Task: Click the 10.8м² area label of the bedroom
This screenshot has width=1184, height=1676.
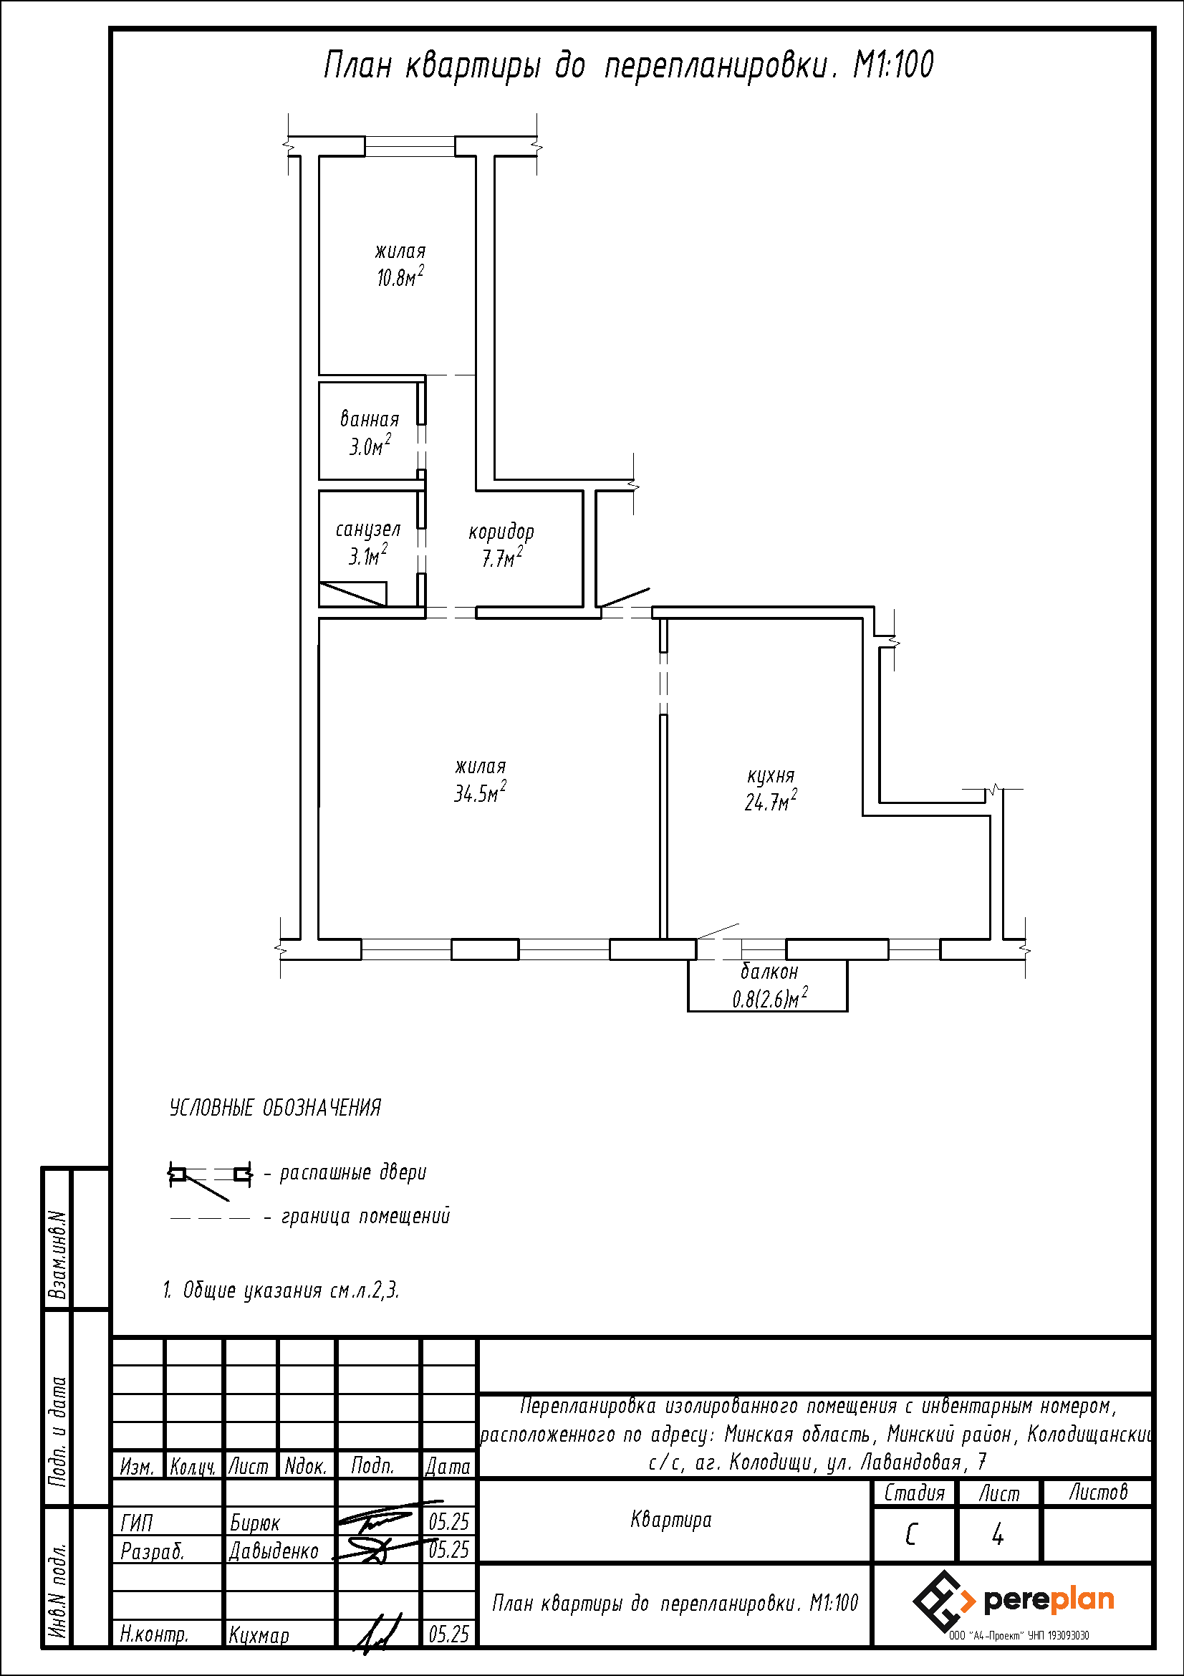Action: click(x=400, y=277)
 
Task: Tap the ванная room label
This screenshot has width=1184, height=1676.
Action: click(x=370, y=419)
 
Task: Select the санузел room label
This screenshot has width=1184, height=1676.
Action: click(x=368, y=530)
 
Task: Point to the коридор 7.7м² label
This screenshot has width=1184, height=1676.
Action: click(x=502, y=545)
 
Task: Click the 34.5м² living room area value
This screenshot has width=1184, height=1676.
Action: click(x=480, y=792)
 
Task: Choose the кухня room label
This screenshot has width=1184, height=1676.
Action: click(x=771, y=775)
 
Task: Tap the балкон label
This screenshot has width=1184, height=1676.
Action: click(x=770, y=972)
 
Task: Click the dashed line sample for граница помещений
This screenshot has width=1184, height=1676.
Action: click(x=210, y=1217)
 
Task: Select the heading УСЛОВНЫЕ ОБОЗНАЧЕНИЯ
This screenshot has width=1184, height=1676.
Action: click(x=275, y=1107)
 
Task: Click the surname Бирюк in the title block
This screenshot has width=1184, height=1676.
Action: click(x=254, y=1523)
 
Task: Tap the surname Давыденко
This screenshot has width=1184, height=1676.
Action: click(x=274, y=1551)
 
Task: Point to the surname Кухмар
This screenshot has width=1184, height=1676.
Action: click(x=259, y=1635)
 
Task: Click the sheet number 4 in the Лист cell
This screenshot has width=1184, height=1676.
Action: click(x=998, y=1535)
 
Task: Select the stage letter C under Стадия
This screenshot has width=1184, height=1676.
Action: click(x=910, y=1535)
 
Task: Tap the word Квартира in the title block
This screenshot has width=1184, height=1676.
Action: click(x=671, y=1521)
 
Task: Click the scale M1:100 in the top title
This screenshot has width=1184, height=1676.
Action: click(x=894, y=65)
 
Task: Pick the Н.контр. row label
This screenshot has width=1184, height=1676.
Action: click(x=154, y=1635)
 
